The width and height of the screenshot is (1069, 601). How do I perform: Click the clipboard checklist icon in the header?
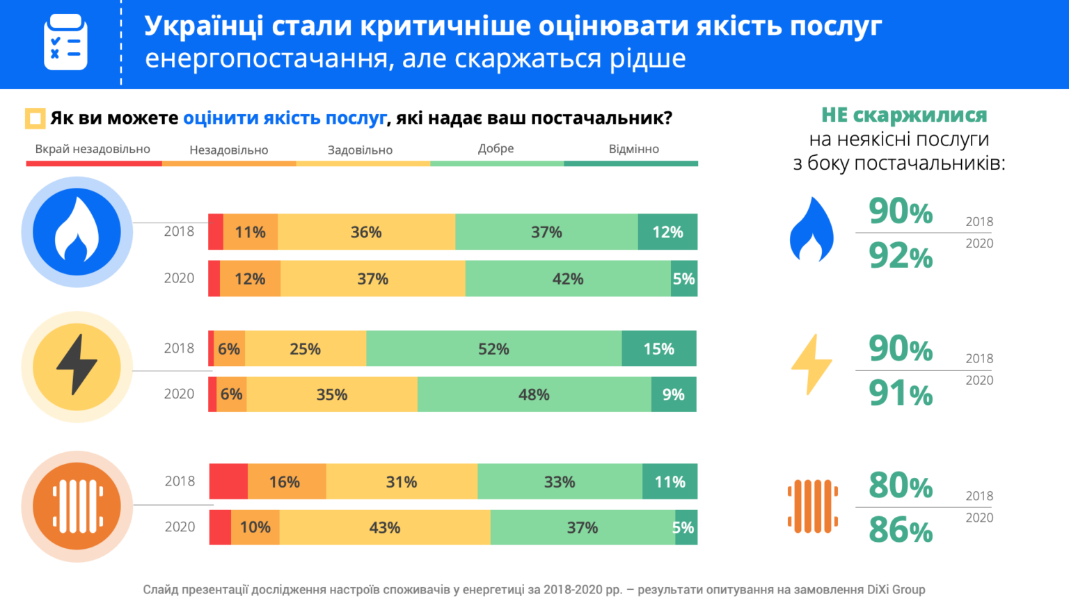(x=65, y=43)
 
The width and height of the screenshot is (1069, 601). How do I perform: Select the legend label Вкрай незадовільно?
(x=93, y=149)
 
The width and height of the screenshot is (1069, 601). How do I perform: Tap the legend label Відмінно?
(x=633, y=149)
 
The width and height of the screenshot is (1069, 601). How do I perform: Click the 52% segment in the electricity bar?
(x=493, y=348)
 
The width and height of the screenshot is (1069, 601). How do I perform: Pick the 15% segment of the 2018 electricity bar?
(x=658, y=348)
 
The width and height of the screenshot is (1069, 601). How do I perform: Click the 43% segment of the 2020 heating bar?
(x=384, y=527)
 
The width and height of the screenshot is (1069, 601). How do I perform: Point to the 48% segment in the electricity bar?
(x=534, y=394)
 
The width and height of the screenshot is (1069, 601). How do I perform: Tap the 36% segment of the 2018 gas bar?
(x=366, y=232)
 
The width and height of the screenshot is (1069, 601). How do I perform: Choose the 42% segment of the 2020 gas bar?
(x=567, y=279)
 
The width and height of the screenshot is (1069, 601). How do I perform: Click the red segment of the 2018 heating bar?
(x=228, y=481)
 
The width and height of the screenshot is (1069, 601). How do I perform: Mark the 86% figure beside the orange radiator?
(x=901, y=530)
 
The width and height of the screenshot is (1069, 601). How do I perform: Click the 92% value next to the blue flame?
(x=901, y=256)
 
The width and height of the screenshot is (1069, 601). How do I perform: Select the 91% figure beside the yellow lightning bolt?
(x=901, y=394)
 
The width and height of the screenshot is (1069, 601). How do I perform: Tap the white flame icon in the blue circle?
(x=77, y=232)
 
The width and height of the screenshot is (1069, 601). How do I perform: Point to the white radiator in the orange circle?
(x=77, y=506)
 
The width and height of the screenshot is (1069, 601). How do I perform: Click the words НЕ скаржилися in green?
(x=904, y=115)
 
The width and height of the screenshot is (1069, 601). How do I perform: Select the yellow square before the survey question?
(x=35, y=118)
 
